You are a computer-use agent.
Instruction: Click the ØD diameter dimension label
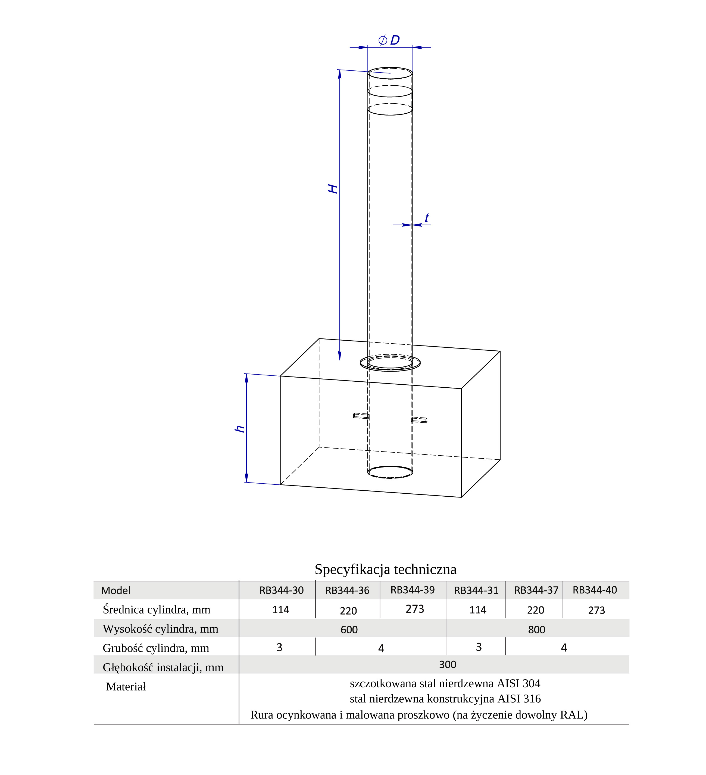389,40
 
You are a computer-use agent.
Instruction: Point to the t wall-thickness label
427,218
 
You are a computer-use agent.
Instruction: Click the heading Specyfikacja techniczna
386,569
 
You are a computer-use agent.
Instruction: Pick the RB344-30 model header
281,590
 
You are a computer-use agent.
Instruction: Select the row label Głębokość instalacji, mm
163,667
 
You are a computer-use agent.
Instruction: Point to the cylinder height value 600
349,630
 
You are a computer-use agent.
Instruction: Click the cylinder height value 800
536,630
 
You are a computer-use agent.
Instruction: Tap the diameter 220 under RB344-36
348,611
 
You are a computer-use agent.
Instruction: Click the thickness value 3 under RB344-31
479,647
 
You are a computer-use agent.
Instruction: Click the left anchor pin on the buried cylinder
361,416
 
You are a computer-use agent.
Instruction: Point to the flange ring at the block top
390,370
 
